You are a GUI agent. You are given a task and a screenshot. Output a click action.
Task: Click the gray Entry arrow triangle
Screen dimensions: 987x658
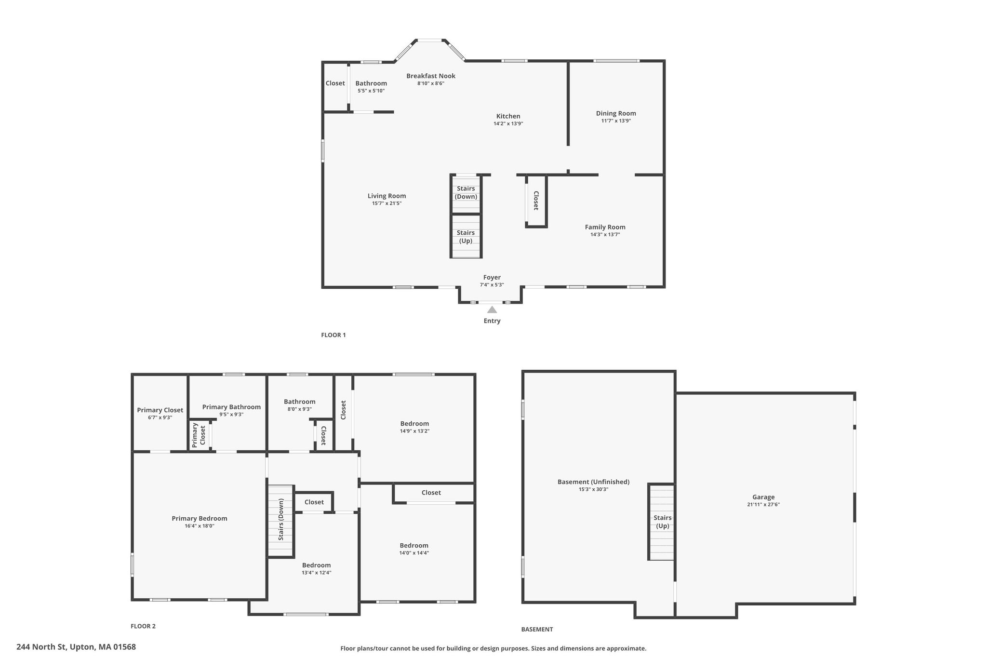pyautogui.click(x=492, y=309)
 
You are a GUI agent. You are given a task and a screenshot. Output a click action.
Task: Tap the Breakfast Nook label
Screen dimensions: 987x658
pyautogui.click(x=431, y=76)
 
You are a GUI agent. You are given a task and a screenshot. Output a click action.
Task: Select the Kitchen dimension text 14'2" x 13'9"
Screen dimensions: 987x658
pyautogui.click(x=508, y=124)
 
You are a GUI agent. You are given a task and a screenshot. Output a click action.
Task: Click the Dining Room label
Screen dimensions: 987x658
pyautogui.click(x=616, y=113)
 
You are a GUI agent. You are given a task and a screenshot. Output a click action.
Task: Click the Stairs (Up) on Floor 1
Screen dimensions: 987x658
pyautogui.click(x=466, y=236)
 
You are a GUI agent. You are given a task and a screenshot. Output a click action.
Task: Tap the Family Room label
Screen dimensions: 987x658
pyautogui.click(x=605, y=227)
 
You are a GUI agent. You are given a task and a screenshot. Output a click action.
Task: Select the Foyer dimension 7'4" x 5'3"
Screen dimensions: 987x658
pyautogui.click(x=492, y=285)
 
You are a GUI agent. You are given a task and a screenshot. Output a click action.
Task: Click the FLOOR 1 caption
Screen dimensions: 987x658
pyautogui.click(x=333, y=335)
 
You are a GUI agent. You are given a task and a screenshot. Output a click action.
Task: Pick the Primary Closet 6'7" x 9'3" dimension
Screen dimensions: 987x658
pyautogui.click(x=160, y=418)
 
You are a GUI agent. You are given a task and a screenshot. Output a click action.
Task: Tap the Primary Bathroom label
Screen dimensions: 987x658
pyautogui.click(x=231, y=407)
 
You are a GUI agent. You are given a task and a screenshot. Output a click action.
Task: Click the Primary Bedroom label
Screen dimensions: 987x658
pyautogui.click(x=200, y=518)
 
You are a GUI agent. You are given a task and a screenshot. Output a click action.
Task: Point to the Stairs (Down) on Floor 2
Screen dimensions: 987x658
pyautogui.click(x=280, y=521)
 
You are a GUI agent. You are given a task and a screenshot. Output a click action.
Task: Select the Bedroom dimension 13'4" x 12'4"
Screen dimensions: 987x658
pyautogui.click(x=317, y=573)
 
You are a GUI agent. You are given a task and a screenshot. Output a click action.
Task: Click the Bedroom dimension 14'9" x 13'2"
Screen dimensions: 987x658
pyautogui.click(x=414, y=431)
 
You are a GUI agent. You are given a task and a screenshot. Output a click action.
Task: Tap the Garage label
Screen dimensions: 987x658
pyautogui.click(x=763, y=497)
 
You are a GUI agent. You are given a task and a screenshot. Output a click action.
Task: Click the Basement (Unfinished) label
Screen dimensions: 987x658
pyautogui.click(x=593, y=482)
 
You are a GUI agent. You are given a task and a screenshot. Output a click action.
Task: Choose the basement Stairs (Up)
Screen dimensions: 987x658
pyautogui.click(x=662, y=522)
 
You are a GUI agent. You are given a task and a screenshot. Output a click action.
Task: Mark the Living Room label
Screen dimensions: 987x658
pyautogui.click(x=387, y=196)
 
